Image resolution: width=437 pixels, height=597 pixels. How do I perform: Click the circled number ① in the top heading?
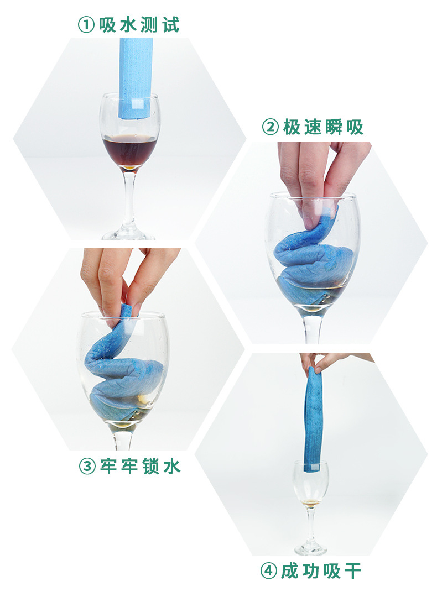tap(86, 25)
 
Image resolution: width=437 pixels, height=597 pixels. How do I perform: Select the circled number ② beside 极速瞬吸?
tap(270, 127)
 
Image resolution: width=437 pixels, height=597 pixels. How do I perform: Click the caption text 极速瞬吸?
tap(323, 127)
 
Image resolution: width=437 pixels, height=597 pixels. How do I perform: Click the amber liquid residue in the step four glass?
tap(311, 502)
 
